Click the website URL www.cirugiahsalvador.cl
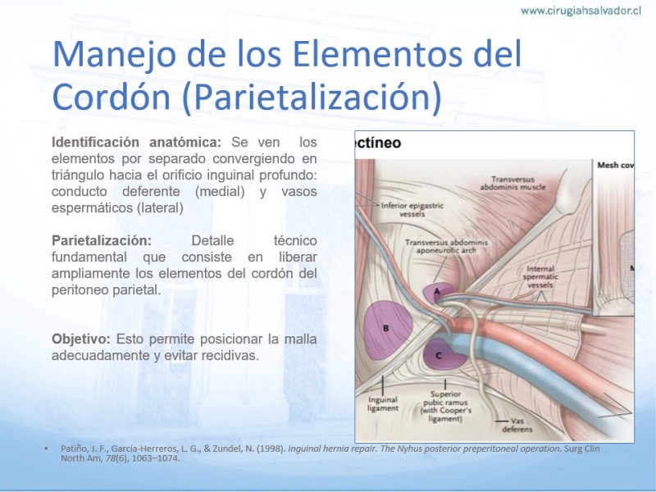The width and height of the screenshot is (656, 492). click(x=581, y=11)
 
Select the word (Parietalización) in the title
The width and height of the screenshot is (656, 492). click(x=312, y=96)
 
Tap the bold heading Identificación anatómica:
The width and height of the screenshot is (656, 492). click(x=136, y=142)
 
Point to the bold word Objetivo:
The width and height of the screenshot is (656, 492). click(x=80, y=339)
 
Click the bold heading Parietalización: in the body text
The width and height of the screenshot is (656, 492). click(x=102, y=240)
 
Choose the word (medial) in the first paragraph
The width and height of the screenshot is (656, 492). click(x=220, y=192)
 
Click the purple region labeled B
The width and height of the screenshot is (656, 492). click(x=386, y=330)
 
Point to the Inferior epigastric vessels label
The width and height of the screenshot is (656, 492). click(x=412, y=210)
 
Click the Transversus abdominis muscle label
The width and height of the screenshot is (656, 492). click(x=513, y=183)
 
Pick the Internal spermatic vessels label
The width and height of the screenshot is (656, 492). click(x=540, y=276)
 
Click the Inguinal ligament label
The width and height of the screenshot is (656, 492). click(x=383, y=403)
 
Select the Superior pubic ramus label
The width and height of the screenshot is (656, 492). click(x=445, y=406)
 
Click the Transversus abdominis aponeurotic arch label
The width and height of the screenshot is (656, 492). click(x=446, y=247)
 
